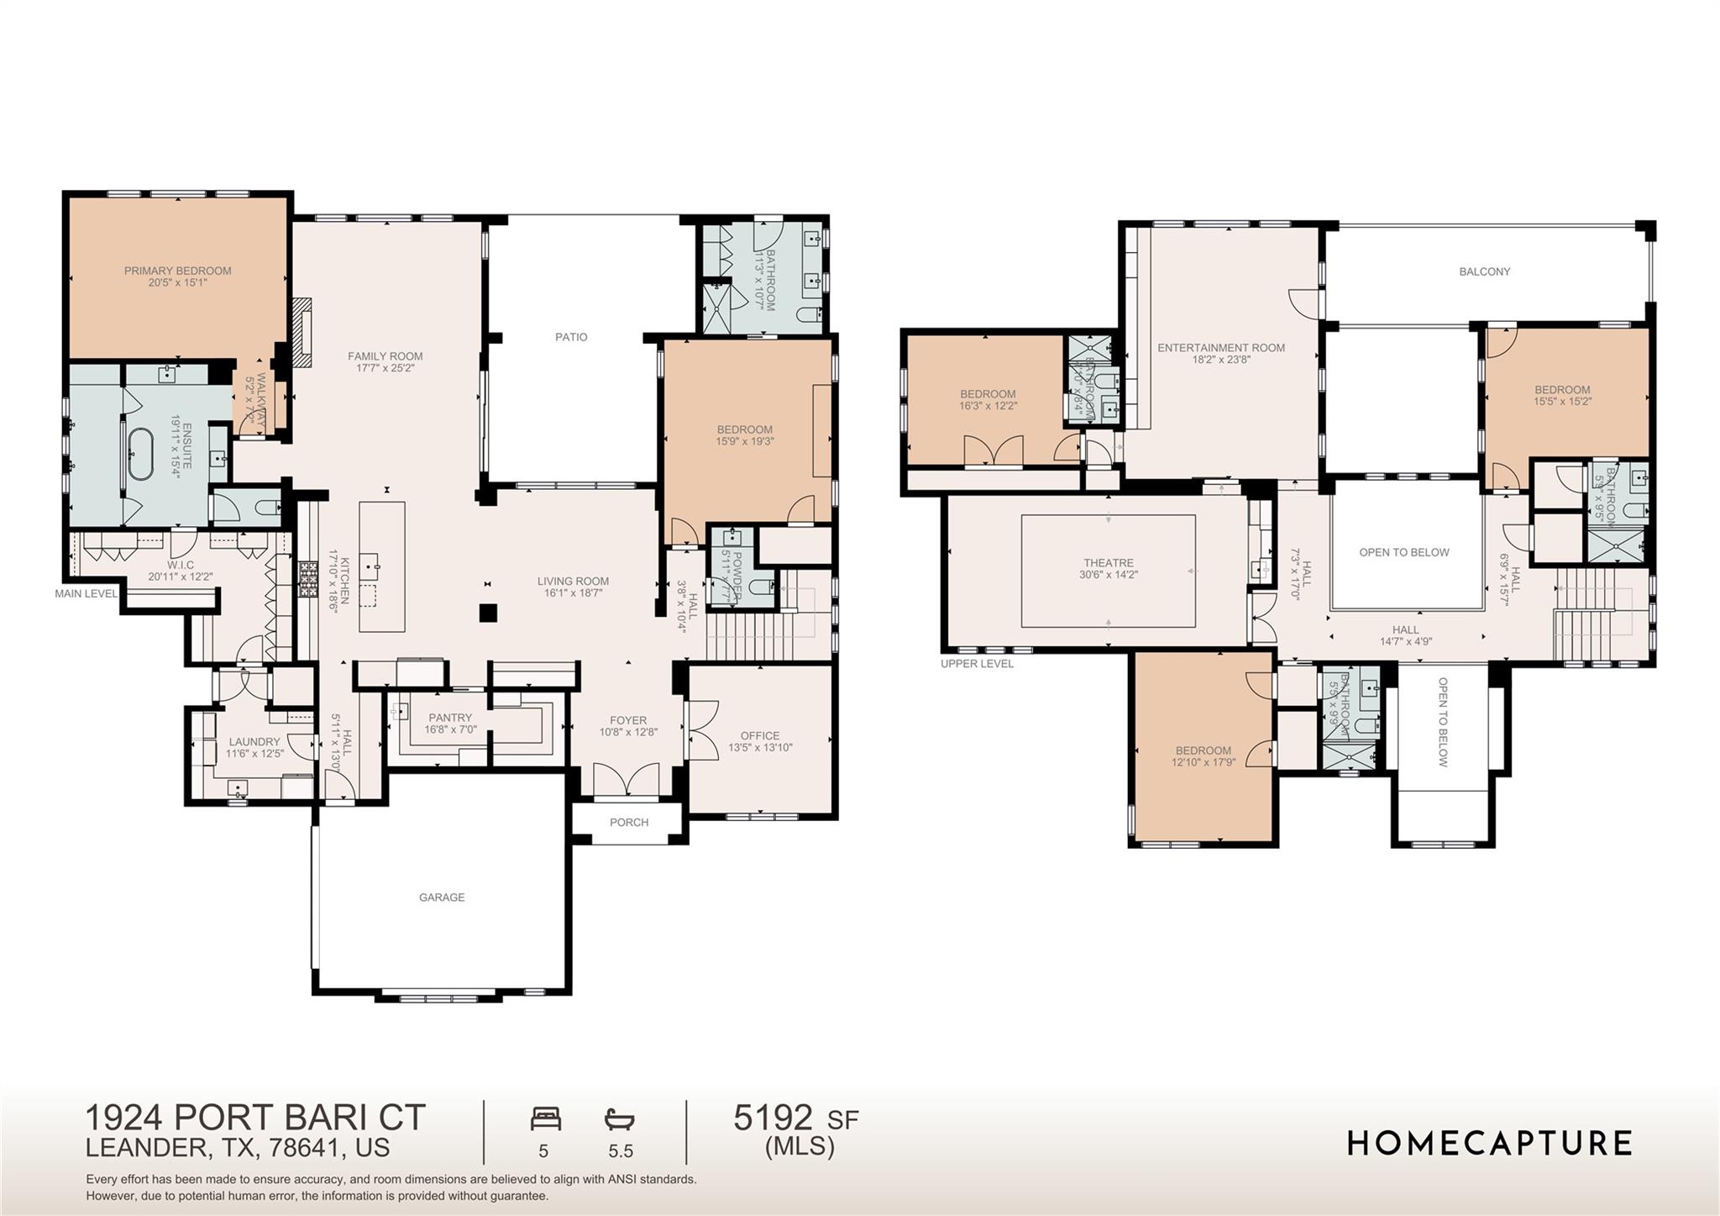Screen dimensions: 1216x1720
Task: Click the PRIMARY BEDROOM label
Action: tap(177, 271)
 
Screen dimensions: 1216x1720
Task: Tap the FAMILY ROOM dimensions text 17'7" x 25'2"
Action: tap(385, 368)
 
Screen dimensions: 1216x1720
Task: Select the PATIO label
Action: tap(571, 337)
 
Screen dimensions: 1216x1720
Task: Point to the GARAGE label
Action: tap(442, 898)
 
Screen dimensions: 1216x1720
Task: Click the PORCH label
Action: tap(629, 823)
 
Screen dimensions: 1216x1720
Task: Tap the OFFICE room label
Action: tap(760, 735)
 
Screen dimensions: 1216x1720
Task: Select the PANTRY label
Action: tap(450, 718)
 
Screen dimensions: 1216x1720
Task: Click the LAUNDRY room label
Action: tap(254, 742)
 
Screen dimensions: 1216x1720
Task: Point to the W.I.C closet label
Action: tap(181, 566)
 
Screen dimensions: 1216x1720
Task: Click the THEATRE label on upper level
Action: tap(1109, 563)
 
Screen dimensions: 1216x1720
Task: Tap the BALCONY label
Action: tap(1485, 271)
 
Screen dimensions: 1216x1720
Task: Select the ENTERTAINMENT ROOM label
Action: tap(1221, 348)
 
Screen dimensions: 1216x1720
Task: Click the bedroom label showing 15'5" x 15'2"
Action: tap(1563, 390)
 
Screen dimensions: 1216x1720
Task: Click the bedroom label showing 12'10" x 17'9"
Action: tap(1203, 750)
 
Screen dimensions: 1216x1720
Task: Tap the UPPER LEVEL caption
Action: tap(977, 664)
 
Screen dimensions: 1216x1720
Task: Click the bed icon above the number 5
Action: tap(546, 1119)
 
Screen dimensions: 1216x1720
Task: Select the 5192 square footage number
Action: tap(773, 1119)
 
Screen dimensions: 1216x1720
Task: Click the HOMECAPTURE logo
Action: tap(1490, 1144)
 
